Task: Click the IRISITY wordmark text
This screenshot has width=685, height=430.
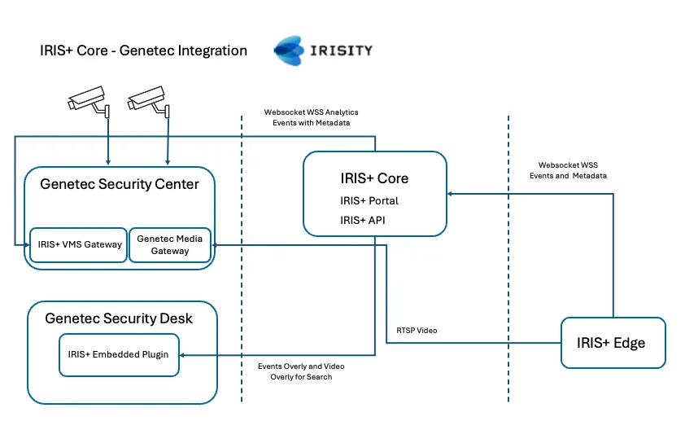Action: click(342, 50)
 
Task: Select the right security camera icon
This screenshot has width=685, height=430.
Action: click(149, 102)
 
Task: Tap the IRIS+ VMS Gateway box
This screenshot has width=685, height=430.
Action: click(79, 244)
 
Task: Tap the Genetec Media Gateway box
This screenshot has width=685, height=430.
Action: click(169, 244)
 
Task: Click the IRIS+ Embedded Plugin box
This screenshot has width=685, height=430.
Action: click(119, 354)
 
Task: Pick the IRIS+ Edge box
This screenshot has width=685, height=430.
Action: click(613, 343)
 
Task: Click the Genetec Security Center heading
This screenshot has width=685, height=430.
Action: click(120, 184)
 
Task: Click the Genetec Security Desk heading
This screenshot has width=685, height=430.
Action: click(119, 318)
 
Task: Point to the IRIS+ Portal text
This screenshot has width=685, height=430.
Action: click(369, 200)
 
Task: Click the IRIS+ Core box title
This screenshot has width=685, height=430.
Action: click(374, 178)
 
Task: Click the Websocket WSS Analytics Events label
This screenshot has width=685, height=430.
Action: click(311, 117)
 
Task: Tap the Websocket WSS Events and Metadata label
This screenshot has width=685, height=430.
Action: click(572, 170)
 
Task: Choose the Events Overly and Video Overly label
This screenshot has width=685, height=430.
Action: click(295, 371)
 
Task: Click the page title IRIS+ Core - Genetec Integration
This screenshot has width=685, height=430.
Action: click(143, 50)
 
